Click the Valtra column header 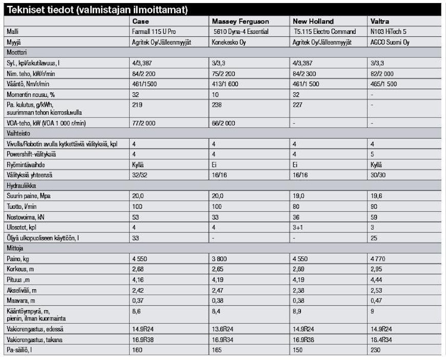(379, 22)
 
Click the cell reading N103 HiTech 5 (388, 32)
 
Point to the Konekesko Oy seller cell (229, 43)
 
